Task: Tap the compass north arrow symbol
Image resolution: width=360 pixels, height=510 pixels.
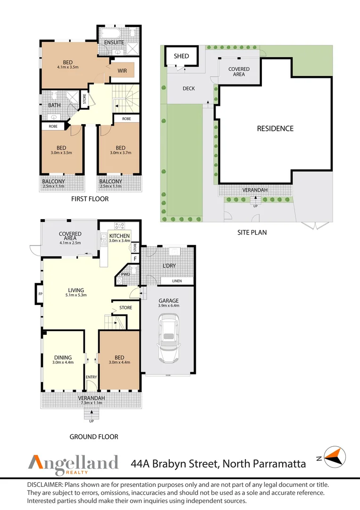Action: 335,457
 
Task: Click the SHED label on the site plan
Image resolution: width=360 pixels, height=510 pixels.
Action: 181,56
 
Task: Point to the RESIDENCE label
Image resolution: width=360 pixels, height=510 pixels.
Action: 275,128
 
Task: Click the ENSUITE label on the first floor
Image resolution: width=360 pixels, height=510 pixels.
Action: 114,42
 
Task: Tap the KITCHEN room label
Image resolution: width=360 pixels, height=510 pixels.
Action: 119,236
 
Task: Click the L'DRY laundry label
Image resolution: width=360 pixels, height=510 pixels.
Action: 169,266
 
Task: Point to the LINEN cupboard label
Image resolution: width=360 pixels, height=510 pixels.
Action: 176,281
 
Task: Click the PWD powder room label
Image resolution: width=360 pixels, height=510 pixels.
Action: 126,274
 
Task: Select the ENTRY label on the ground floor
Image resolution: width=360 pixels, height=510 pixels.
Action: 91,377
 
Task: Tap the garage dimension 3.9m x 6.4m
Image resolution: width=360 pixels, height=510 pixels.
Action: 169,306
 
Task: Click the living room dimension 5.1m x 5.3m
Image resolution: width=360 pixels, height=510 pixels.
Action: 75,296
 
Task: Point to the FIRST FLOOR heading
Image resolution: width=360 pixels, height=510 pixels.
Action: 90,199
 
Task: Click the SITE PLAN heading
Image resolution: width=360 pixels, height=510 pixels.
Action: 252,232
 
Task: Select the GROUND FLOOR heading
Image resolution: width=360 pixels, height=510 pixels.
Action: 94,437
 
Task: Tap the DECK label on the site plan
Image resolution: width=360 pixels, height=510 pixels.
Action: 189,88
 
